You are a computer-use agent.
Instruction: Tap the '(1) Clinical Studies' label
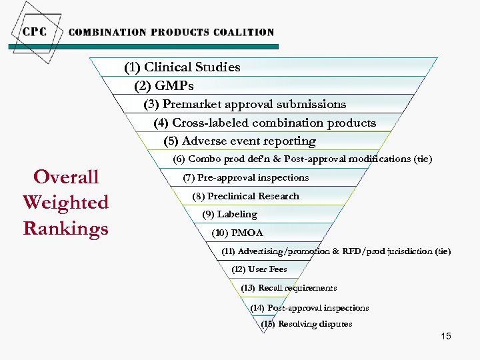pos(182,67)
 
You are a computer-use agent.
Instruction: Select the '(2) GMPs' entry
pos(163,86)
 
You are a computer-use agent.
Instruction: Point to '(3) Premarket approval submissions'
pos(245,104)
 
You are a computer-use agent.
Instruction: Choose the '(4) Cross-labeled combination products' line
pos(265,123)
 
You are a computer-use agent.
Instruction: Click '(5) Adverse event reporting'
pos(239,141)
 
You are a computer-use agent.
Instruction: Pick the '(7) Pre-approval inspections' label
pos(245,177)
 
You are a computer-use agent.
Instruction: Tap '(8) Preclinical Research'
pos(245,196)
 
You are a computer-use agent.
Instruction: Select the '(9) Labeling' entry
pos(229,214)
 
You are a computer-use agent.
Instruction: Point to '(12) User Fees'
pos(259,269)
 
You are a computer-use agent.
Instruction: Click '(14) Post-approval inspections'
pos(309,308)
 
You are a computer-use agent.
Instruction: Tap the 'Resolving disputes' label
pos(315,324)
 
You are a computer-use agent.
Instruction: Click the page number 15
pos(445,336)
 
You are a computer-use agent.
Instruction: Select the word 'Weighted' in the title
pos(65,203)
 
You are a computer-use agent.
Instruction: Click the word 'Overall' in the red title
pos(66,177)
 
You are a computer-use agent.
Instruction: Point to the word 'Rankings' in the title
pos(65,228)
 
